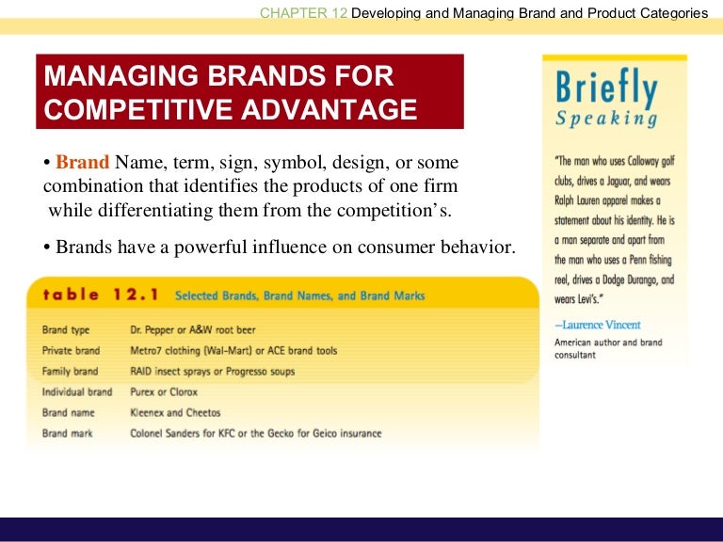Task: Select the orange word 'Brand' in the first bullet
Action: (82, 162)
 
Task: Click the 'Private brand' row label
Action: (71, 351)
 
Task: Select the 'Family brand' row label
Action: (70, 372)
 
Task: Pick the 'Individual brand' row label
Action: (76, 392)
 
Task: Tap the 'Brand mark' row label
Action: (67, 434)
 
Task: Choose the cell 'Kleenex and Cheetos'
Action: (175, 413)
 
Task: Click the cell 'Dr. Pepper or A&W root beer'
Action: (192, 330)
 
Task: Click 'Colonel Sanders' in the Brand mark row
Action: (163, 434)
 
